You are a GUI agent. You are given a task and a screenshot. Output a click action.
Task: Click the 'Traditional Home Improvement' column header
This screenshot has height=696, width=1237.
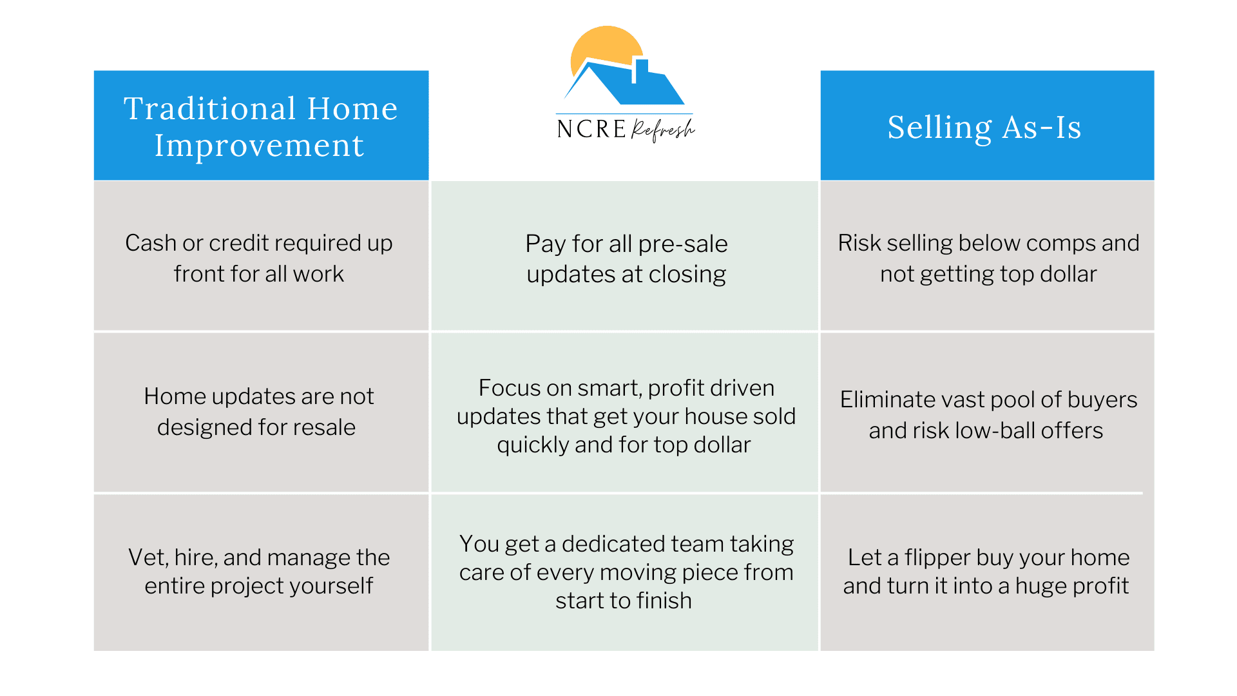[261, 125]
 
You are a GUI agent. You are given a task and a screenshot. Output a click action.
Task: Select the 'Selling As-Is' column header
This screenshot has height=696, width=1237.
[987, 125]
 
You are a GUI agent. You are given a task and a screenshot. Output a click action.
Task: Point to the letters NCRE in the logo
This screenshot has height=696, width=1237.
[591, 129]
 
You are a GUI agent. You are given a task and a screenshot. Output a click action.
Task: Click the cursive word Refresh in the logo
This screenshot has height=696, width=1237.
[663, 129]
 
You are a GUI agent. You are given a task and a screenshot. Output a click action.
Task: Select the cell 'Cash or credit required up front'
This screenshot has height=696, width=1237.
[261, 256]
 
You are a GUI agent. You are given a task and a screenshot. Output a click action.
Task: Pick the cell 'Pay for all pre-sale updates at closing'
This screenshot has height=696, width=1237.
[625, 256]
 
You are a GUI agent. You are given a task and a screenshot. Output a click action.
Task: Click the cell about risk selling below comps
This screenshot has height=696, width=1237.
[987, 256]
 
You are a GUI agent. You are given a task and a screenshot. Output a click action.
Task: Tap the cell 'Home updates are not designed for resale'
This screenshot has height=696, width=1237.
[261, 412]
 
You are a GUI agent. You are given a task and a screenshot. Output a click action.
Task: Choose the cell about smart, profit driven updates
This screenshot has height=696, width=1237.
[625, 412]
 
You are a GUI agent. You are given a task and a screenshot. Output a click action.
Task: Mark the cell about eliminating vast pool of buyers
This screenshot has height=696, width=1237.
[987, 412]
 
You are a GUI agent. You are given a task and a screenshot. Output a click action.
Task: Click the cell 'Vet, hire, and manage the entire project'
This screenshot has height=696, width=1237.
[261, 572]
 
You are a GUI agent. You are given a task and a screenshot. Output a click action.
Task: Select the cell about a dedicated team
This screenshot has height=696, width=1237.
[625, 572]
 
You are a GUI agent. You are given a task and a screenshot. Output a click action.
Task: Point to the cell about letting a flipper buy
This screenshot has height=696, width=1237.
[987, 572]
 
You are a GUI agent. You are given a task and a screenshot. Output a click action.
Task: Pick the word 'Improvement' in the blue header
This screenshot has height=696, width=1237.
[259, 146]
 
